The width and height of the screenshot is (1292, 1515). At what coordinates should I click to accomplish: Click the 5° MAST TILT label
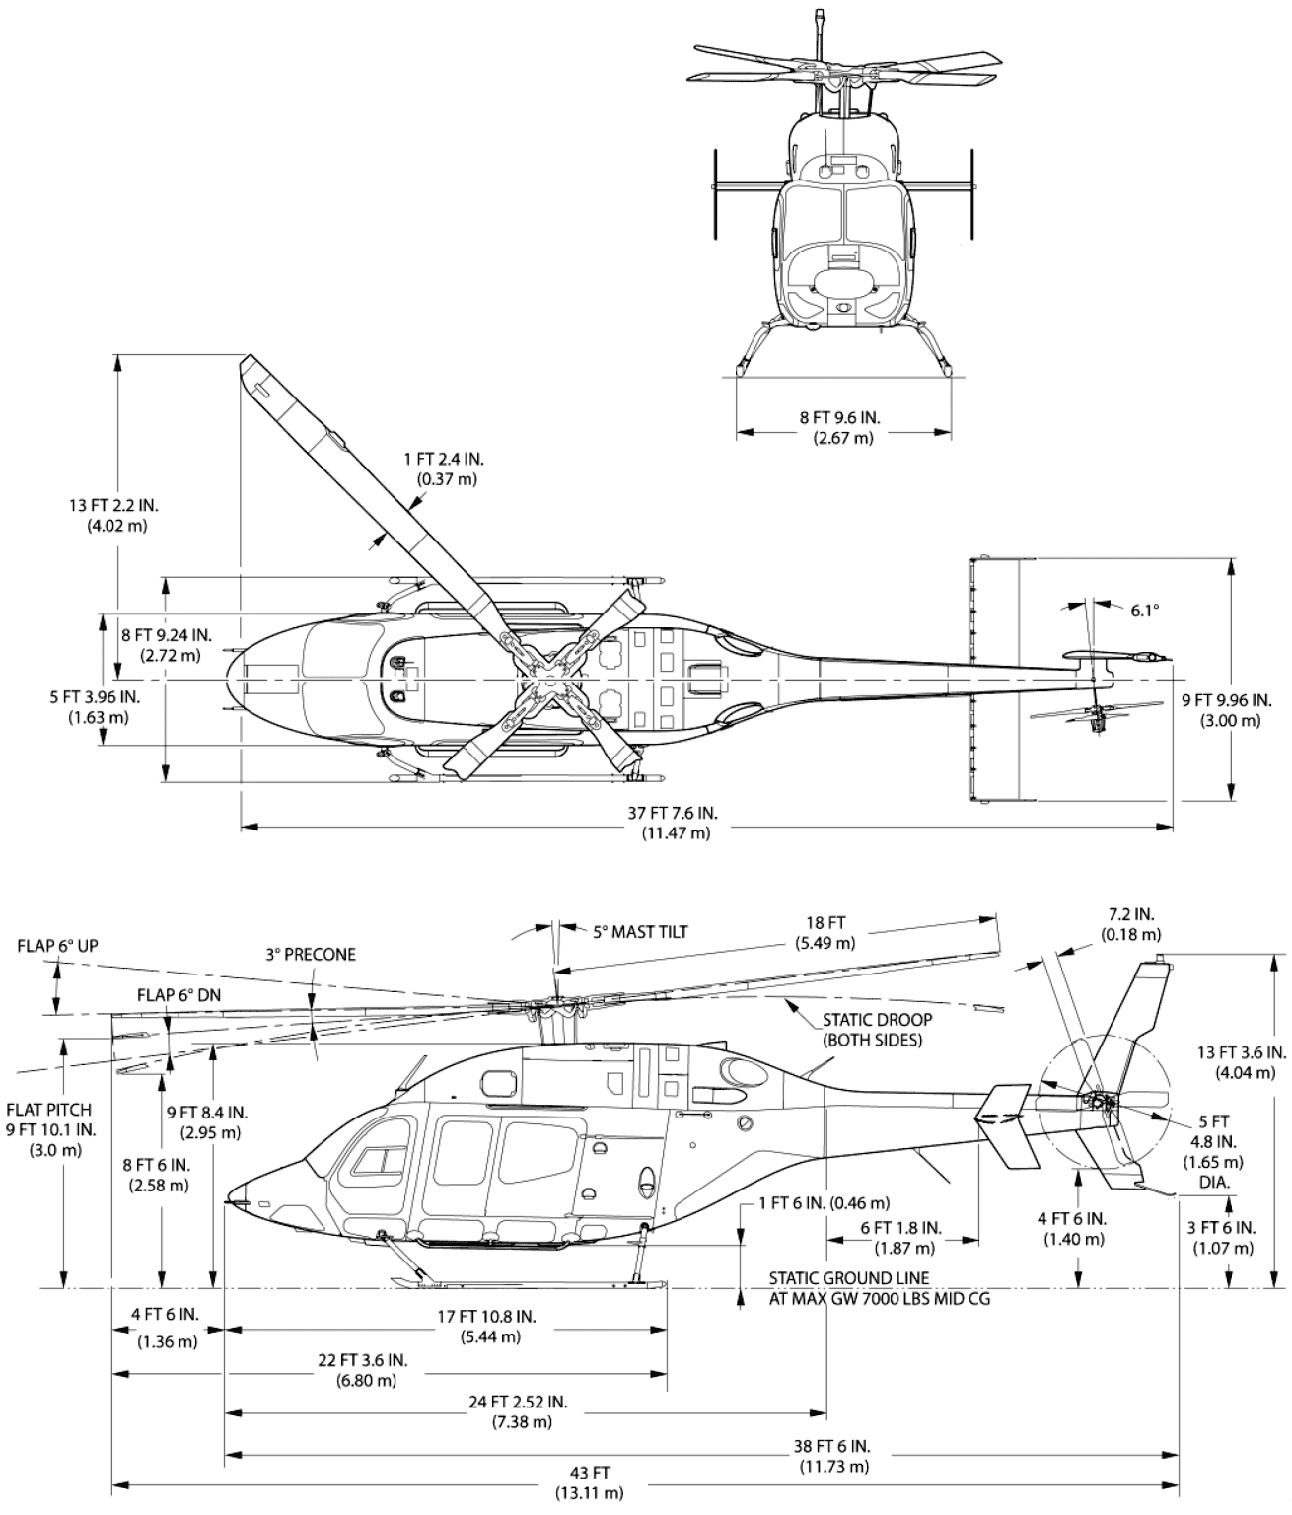[639, 931]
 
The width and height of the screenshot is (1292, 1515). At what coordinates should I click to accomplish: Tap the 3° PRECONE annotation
[311, 955]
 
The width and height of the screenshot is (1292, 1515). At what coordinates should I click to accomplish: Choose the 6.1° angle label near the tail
[1144, 611]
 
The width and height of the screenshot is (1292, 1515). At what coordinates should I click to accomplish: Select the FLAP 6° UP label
[57, 946]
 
